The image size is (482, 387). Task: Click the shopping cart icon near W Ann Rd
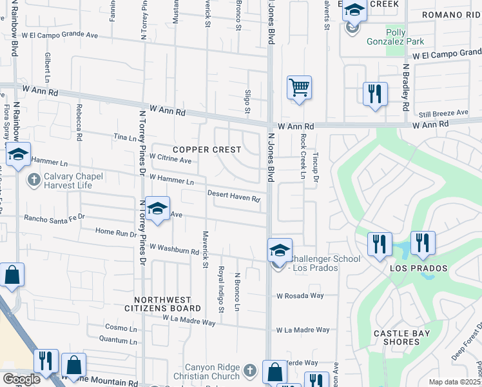[x=299, y=87]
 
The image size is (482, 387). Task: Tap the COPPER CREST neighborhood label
[x=207, y=150]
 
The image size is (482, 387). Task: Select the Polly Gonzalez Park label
[x=405, y=37]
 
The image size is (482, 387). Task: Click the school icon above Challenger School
[x=280, y=250]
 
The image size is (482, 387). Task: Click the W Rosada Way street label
[x=298, y=297]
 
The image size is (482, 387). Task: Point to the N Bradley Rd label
[x=406, y=84]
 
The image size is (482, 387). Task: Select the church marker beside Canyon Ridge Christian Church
[x=251, y=371]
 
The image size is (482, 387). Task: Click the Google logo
[x=22, y=379]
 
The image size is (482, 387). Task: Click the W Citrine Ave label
[x=170, y=158]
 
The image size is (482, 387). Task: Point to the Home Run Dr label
[x=113, y=232]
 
